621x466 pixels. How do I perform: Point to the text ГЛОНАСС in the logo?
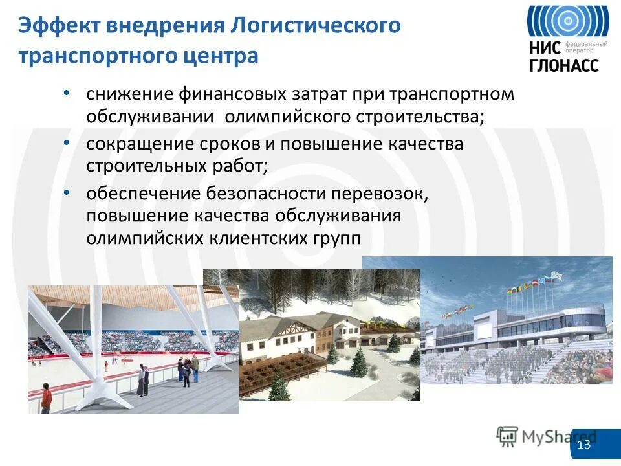564,65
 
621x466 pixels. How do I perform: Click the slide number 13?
584,445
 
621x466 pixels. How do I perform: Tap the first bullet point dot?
67,94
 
